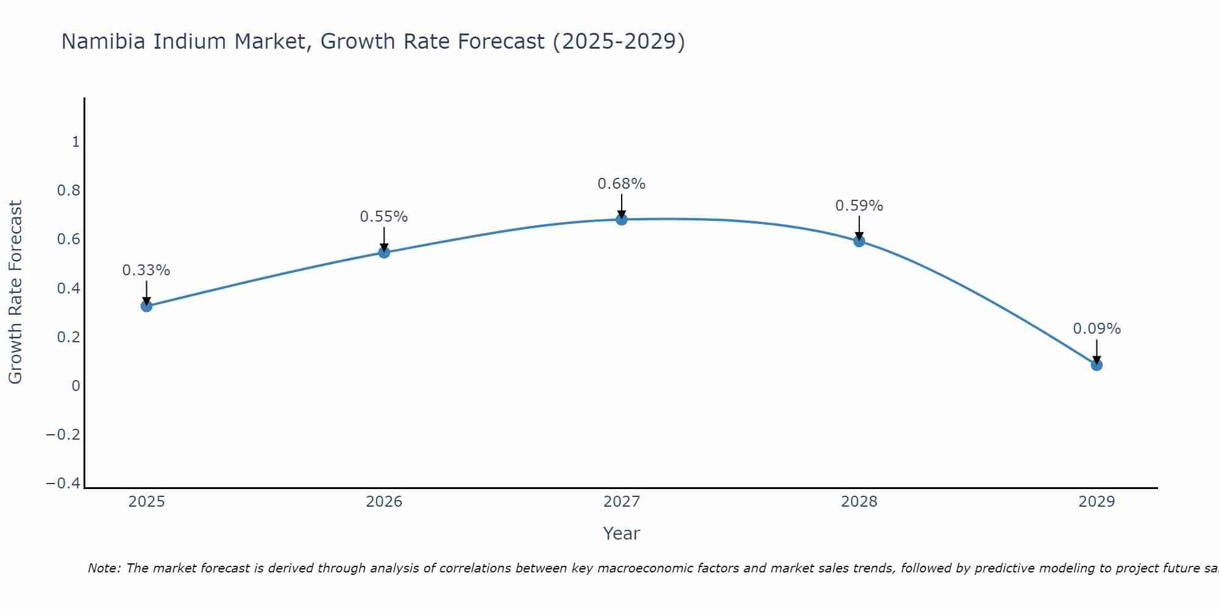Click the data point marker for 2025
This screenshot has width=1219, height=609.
pyautogui.click(x=146, y=306)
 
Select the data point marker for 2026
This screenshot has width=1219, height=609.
pyautogui.click(x=384, y=252)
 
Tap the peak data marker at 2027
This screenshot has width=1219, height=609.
pyautogui.click(x=622, y=219)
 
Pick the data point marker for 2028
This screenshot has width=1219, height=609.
pyautogui.click(x=859, y=241)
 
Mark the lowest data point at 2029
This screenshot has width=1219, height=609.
pyautogui.click(x=1096, y=365)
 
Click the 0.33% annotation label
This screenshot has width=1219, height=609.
pyautogui.click(x=146, y=270)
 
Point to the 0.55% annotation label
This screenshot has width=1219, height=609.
pyautogui.click(x=384, y=217)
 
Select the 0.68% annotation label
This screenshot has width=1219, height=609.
pyautogui.click(x=622, y=184)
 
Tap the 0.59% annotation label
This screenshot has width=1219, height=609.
pyautogui.click(x=859, y=206)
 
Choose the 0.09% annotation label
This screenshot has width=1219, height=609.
pyautogui.click(x=1096, y=329)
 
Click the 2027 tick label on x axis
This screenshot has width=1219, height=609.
pyautogui.click(x=622, y=502)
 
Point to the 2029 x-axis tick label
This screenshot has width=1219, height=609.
pyautogui.click(x=1096, y=502)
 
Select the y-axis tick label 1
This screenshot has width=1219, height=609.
pyautogui.click(x=76, y=142)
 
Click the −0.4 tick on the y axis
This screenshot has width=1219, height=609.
pyautogui.click(x=63, y=483)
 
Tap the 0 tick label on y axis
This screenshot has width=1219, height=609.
pyautogui.click(x=76, y=385)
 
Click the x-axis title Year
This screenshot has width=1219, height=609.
pyautogui.click(x=622, y=533)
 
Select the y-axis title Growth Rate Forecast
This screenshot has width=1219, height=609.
pyautogui.click(x=16, y=292)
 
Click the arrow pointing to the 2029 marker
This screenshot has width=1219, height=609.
pyautogui.click(x=1096, y=351)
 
